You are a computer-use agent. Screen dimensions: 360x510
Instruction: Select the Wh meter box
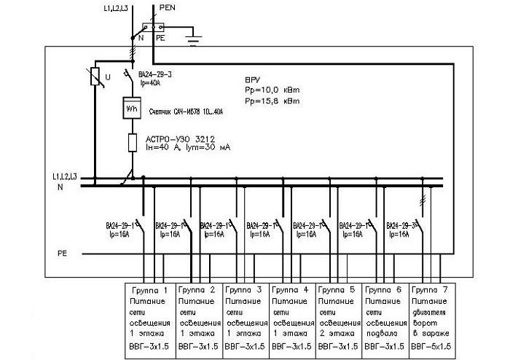pyautogui.click(x=132, y=108)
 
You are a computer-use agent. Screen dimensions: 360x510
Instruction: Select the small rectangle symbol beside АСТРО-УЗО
pyautogui.click(x=132, y=142)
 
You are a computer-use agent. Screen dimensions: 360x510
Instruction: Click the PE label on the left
pyautogui.click(x=63, y=252)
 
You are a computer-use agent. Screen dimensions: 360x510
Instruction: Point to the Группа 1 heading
pyautogui.click(x=152, y=290)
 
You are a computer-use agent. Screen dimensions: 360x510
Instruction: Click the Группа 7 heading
pyautogui.click(x=432, y=290)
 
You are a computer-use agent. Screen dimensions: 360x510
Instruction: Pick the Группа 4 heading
pyautogui.click(x=291, y=290)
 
